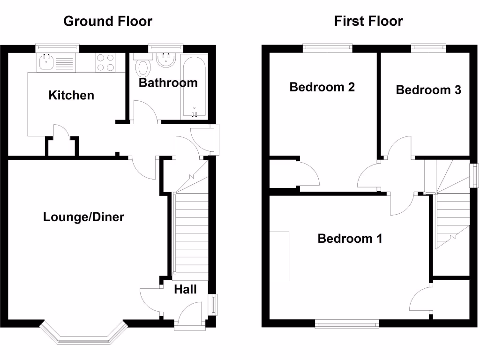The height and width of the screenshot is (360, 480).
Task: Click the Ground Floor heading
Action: pos(108,21)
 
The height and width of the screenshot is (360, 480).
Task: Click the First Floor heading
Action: pos(368,21)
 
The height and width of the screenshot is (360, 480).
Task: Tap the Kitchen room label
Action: pos(71,96)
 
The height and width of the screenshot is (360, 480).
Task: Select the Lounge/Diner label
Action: pos(83,217)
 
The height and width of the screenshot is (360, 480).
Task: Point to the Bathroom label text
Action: pos(168,83)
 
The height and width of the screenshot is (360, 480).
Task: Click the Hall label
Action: pos(185,290)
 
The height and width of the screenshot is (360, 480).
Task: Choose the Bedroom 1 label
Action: pos(350,239)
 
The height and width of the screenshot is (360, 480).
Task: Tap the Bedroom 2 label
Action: pos(322,87)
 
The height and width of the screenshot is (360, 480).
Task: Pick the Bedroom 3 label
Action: pos(428,90)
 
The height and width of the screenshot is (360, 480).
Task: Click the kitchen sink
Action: pos(47,62)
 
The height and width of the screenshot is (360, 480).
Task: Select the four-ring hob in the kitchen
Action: pos(105,62)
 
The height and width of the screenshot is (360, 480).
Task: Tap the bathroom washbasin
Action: pos(165,60)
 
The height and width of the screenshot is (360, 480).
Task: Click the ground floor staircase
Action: pos(191,234)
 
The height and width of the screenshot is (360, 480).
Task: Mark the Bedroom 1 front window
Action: pos(347,323)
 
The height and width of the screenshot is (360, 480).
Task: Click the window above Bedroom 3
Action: pos(428,47)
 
